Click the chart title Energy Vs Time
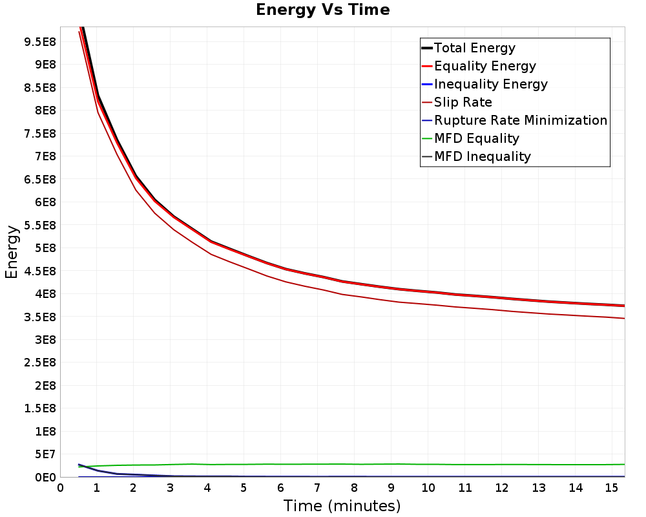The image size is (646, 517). [322, 10]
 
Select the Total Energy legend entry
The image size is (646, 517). [468, 48]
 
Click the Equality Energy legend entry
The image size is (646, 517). [479, 66]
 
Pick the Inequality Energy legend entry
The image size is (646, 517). [484, 84]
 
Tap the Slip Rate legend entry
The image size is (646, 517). [457, 102]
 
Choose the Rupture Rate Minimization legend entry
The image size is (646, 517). [515, 120]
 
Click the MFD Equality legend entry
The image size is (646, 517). [470, 138]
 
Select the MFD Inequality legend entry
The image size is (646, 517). [476, 156]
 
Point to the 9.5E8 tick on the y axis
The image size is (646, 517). [40, 42]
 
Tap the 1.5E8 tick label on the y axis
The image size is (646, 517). [40, 408]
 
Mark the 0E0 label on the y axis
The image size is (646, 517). [45, 478]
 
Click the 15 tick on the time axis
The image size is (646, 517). [612, 488]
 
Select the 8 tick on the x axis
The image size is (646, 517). [354, 488]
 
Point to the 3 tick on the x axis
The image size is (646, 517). [170, 488]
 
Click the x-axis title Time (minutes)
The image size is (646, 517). [342, 506]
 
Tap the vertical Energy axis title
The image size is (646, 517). [12, 252]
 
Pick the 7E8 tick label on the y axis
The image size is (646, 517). [45, 156]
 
